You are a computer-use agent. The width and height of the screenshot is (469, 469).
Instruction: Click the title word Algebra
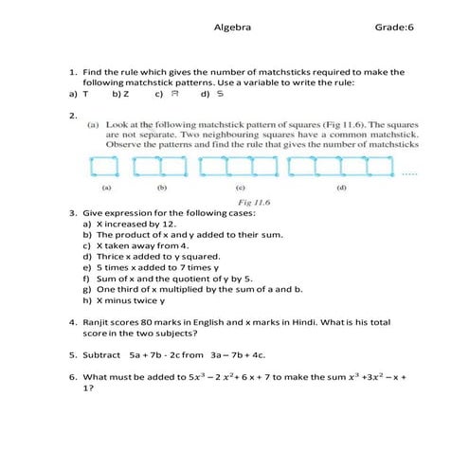[233, 27]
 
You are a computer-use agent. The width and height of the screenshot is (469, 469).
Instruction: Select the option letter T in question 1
[86, 95]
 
